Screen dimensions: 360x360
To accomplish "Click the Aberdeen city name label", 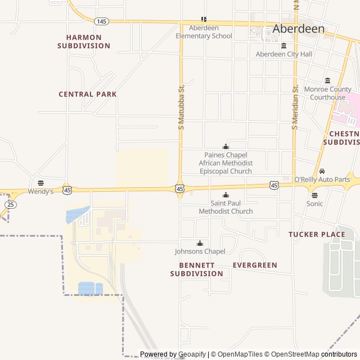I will [x=299, y=29].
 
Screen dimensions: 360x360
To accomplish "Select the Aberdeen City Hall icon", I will [x=283, y=46].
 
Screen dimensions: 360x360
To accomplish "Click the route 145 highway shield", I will [x=101, y=21].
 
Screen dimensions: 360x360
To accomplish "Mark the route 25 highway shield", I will [x=11, y=204].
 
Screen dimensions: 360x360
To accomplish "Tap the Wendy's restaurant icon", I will [x=40, y=183].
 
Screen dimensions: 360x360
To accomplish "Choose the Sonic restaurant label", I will [x=315, y=204].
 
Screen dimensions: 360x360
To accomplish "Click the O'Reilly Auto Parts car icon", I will [x=322, y=171].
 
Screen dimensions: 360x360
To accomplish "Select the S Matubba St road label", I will [x=181, y=107].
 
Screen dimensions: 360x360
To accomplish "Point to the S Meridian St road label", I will [x=294, y=107].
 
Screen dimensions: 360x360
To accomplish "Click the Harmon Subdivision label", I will [x=84, y=42].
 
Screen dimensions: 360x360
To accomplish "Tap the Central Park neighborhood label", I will [x=88, y=94].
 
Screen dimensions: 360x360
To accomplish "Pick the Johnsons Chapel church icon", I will [x=200, y=243].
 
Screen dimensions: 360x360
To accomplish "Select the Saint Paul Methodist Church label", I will [x=226, y=207].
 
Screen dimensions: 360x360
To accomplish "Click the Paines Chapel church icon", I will [x=226, y=146].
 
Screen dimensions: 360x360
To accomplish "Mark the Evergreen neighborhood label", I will [x=255, y=265].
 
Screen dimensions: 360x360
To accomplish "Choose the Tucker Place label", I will [x=317, y=234].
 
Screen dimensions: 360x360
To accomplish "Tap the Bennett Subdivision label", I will [x=197, y=269].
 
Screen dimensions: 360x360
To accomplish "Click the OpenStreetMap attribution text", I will [x=292, y=354].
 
